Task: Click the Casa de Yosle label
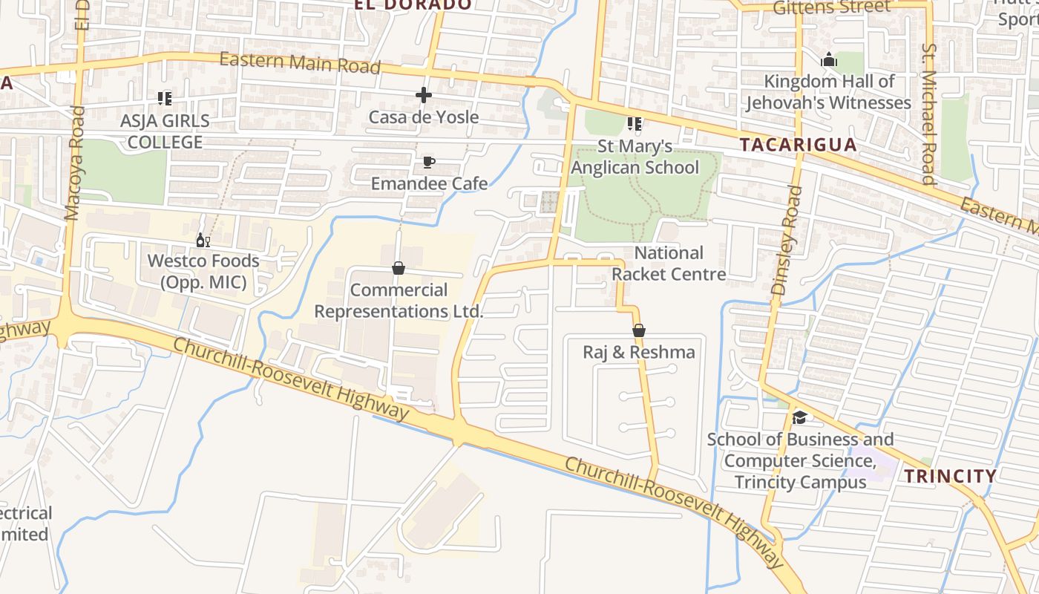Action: [423, 117]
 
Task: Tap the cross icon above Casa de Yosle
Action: [424, 95]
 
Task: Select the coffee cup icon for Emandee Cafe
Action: [429, 162]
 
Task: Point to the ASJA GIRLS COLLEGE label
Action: [165, 131]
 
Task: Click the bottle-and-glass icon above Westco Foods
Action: [203, 240]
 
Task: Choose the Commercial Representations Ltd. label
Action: [399, 301]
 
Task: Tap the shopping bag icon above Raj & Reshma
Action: [638, 330]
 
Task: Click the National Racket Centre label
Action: [669, 264]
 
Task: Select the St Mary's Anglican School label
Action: [635, 157]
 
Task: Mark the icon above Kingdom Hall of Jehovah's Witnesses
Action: [829, 59]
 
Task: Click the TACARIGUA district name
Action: [799, 145]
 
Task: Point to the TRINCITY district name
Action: [951, 476]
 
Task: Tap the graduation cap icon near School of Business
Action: [799, 417]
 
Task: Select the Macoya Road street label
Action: [75, 163]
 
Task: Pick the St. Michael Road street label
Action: [928, 113]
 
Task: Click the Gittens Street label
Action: [831, 7]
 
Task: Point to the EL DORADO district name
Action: [413, 4]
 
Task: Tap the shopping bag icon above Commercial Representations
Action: [399, 268]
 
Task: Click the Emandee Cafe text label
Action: [429, 183]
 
